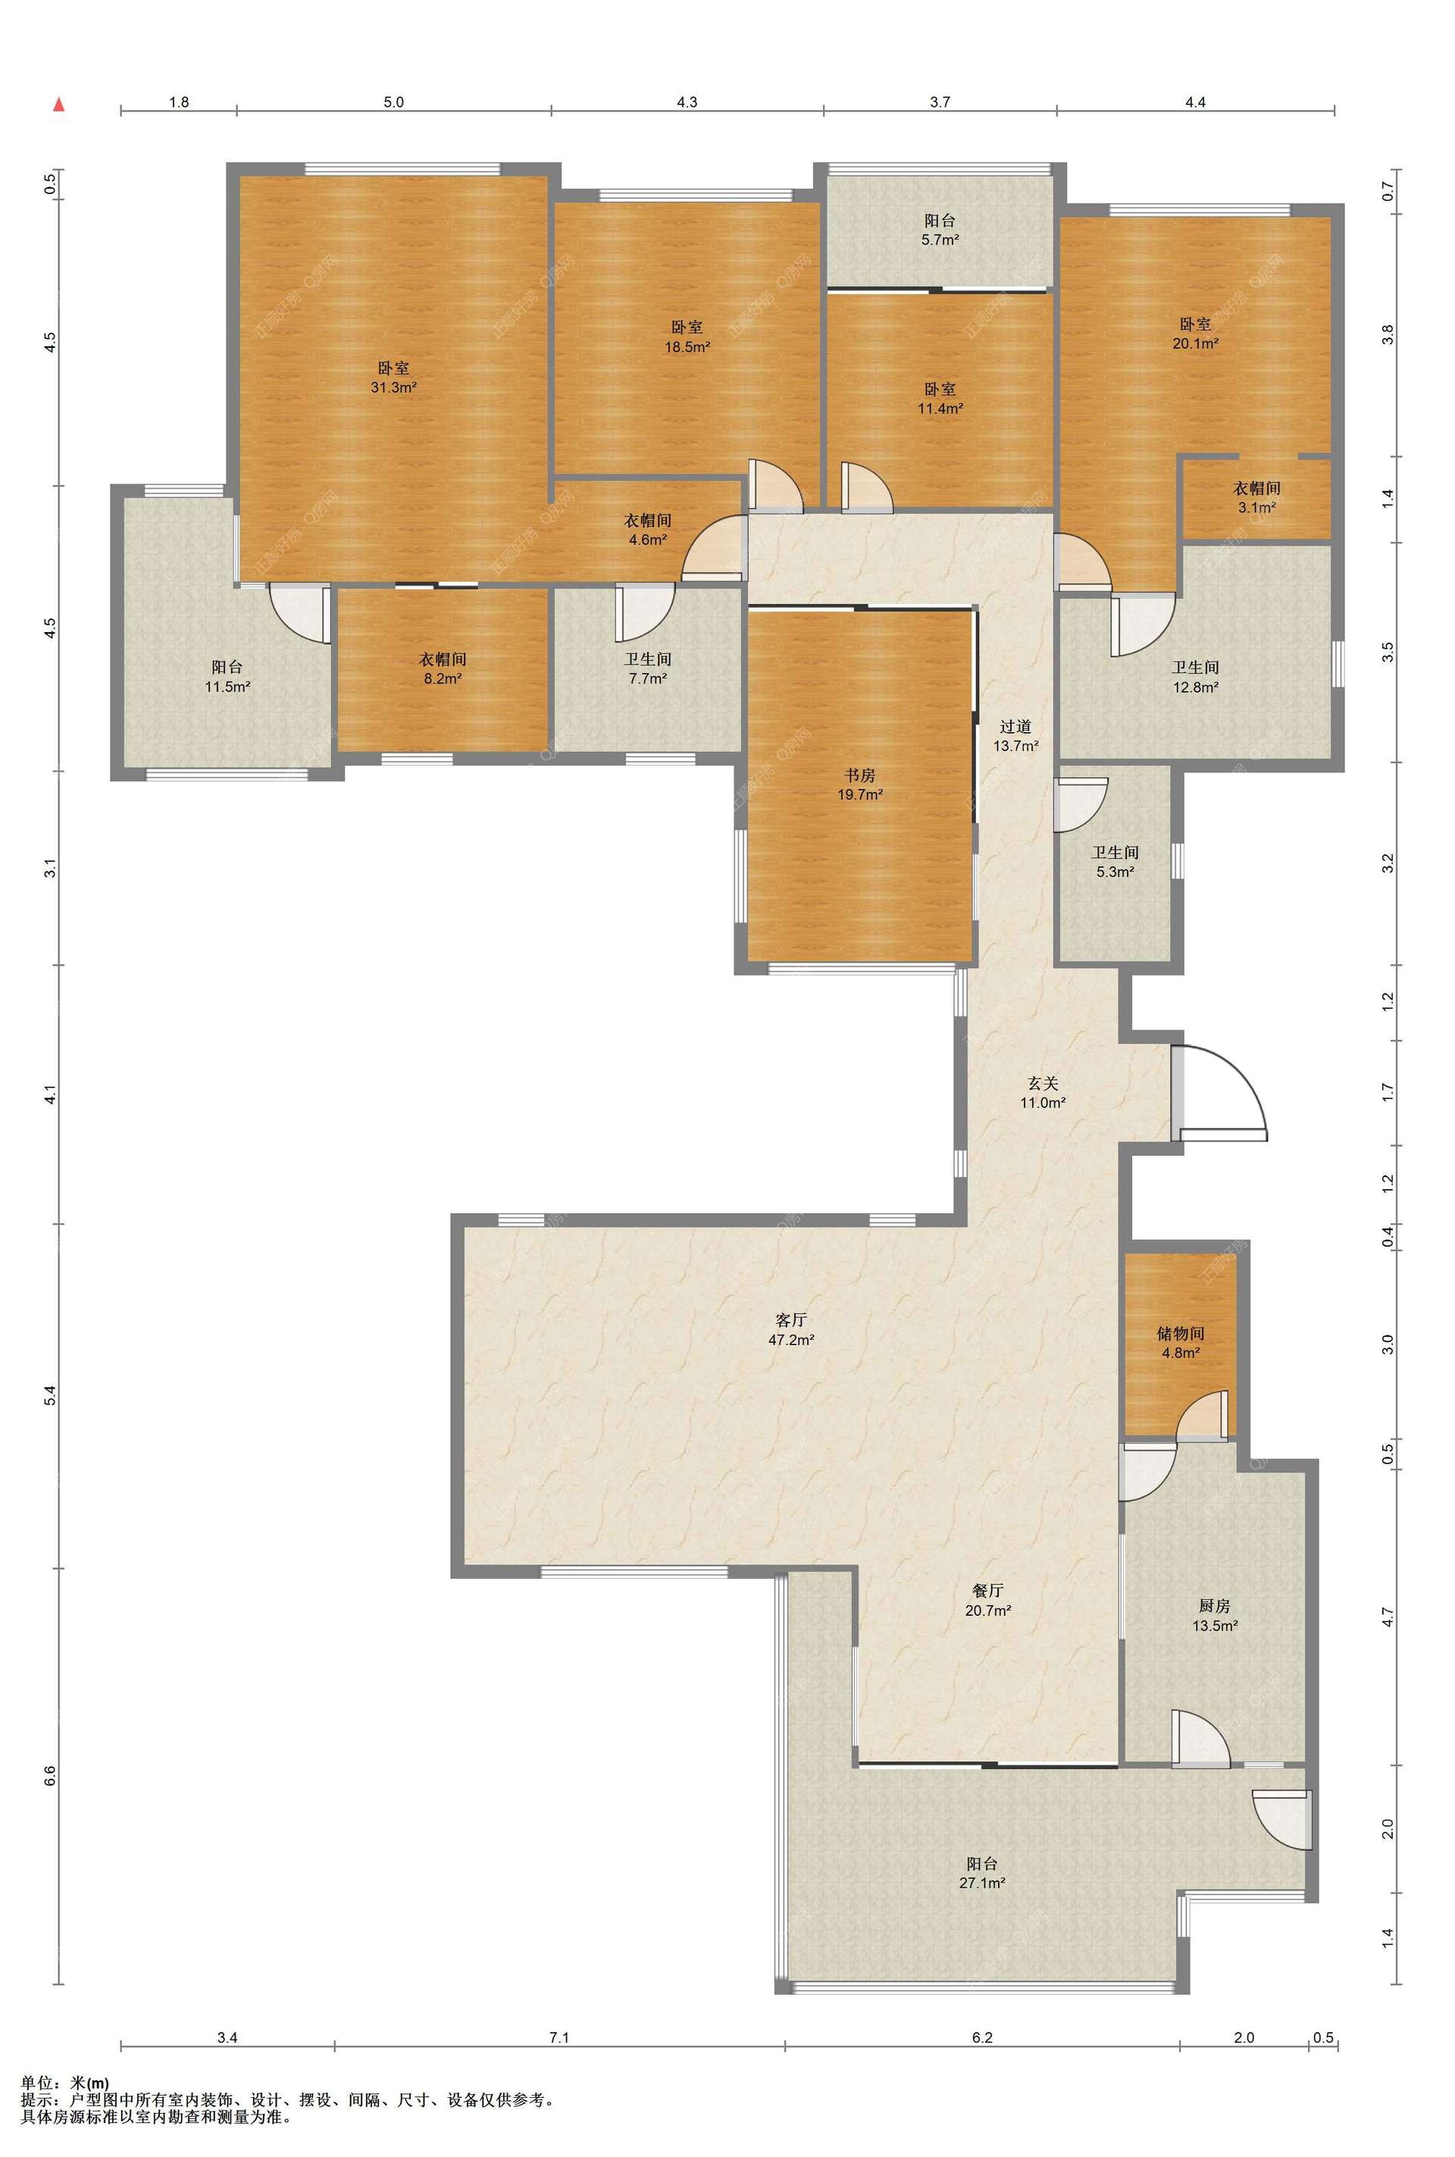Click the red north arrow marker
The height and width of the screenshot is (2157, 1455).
click(58, 104)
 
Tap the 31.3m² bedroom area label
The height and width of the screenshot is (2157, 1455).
click(393, 377)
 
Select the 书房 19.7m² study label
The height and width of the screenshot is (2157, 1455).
click(860, 784)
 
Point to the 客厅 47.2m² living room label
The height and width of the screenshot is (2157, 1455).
click(790, 1329)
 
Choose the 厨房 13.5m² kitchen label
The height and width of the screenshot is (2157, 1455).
click(1215, 1615)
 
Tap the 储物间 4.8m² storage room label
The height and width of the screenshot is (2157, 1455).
click(1181, 1342)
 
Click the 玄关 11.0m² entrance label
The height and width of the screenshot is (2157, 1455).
click(1042, 1092)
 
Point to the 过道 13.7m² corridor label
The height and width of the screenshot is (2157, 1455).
click(1015, 735)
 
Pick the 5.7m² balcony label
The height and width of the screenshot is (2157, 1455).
click(940, 229)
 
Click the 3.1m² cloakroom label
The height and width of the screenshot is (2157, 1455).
click(1256, 497)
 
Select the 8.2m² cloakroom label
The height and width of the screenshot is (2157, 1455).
click(442, 668)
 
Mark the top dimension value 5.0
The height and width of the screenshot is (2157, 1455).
click(393, 102)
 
